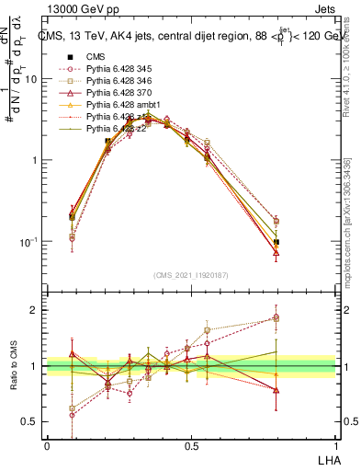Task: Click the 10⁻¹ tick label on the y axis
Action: pyautogui.click(x=29, y=242)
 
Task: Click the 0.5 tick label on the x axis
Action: pyautogui.click(x=191, y=445)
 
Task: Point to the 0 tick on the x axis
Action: pyautogui.click(x=47, y=445)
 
